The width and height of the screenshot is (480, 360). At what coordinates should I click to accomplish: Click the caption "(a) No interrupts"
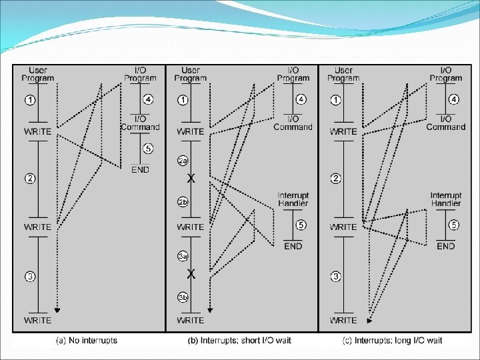coord(87,341)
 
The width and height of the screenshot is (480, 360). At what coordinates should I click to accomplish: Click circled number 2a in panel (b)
coord(183,160)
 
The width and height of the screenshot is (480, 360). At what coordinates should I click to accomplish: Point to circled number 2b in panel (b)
coord(183,201)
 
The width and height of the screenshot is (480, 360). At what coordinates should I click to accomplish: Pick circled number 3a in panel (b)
coord(183,255)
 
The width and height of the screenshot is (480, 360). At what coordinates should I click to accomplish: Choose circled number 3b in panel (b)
coord(183,297)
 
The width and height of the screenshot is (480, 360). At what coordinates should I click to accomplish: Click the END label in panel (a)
coord(140,169)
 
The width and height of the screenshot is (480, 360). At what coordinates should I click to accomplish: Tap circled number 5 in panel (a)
coord(147,149)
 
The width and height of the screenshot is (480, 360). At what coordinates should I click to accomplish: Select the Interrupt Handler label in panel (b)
coord(293,199)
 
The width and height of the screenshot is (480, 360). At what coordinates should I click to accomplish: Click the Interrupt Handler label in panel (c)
coord(446,199)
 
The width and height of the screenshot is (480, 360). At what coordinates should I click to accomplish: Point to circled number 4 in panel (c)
coord(454,99)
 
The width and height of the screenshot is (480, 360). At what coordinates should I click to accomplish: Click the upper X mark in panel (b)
coord(191,179)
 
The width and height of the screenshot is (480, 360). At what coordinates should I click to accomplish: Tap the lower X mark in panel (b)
coord(191,274)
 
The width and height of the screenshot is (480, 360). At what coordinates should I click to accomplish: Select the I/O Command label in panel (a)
coord(140,123)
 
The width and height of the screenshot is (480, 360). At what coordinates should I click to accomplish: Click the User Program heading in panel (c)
coord(343,74)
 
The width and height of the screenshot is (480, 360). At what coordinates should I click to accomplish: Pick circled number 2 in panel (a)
coord(30,178)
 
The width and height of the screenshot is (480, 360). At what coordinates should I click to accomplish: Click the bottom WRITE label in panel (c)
coord(343,321)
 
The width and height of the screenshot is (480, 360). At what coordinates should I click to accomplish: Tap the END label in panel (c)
coord(446,246)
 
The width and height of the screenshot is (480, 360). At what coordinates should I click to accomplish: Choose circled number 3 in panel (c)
coord(336,277)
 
